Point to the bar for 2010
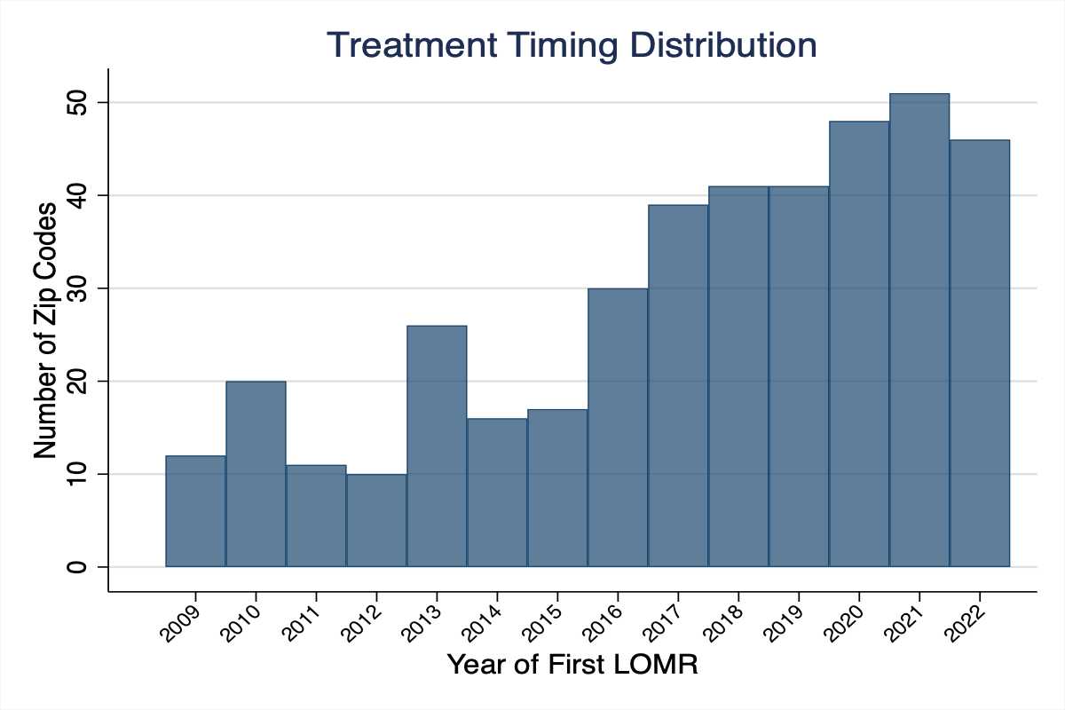click(256, 474)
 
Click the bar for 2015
click(557, 488)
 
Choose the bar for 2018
click(738, 376)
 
